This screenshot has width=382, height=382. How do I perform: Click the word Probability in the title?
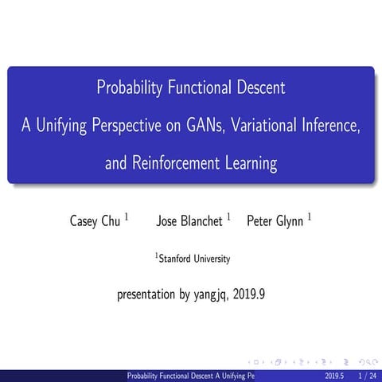click(x=131, y=88)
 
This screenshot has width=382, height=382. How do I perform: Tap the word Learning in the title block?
click(x=248, y=164)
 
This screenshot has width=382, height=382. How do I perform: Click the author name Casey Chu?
click(x=95, y=220)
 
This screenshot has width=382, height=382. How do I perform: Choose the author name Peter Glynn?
click(x=275, y=220)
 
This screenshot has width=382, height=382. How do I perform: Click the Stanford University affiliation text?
click(x=194, y=259)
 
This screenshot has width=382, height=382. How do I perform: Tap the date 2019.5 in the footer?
click(x=335, y=375)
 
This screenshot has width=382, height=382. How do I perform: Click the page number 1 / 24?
click(x=367, y=375)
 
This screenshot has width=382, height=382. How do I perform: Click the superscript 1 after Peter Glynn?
click(x=310, y=216)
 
